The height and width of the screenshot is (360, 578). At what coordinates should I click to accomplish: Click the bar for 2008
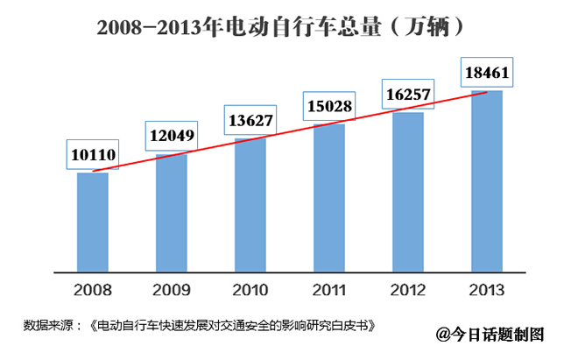point(92,222)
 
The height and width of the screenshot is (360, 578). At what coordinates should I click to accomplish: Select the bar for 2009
point(171,213)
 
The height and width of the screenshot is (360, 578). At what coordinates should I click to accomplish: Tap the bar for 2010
point(250,205)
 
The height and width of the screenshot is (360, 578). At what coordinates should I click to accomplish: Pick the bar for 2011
point(328,198)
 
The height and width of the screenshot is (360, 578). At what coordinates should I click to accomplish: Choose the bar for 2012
point(407,192)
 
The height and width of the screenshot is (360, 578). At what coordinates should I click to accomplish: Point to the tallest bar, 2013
point(487,181)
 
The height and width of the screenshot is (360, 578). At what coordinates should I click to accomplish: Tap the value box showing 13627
point(250,120)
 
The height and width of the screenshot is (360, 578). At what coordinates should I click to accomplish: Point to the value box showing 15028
point(329,107)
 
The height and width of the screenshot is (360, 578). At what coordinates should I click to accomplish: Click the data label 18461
point(488,72)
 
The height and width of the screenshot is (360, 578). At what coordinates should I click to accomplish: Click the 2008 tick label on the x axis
point(92,288)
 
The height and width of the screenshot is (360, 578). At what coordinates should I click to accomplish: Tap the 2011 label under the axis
point(328,288)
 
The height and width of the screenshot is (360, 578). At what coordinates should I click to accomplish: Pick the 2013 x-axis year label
point(487,288)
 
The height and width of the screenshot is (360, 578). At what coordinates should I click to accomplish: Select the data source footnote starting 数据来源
point(201,325)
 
